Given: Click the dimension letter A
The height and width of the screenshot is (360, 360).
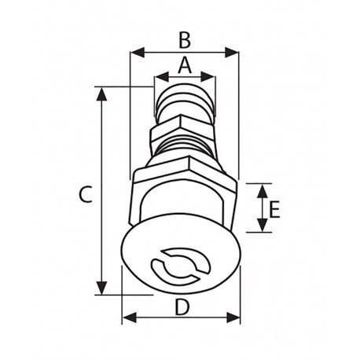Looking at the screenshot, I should pyautogui.click(x=184, y=65).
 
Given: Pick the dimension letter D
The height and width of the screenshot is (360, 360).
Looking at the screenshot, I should pyautogui.click(x=182, y=307).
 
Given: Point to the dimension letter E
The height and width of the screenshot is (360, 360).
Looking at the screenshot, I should pyautogui.click(x=274, y=209).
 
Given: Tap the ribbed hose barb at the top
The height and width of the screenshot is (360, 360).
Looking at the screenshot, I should pyautogui.click(x=184, y=101).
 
